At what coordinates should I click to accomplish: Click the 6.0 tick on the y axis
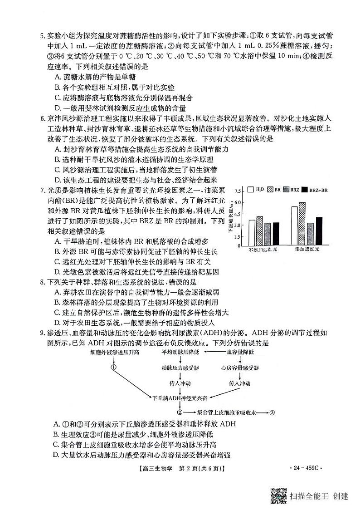238,203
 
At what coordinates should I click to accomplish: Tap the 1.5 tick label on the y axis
238,236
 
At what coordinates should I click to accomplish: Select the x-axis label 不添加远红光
263,250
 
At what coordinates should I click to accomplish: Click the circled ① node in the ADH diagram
114,367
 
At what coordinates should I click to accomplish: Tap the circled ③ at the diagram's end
272,412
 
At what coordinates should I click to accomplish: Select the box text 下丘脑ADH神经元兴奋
180,397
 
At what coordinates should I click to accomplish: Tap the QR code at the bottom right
278,495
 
